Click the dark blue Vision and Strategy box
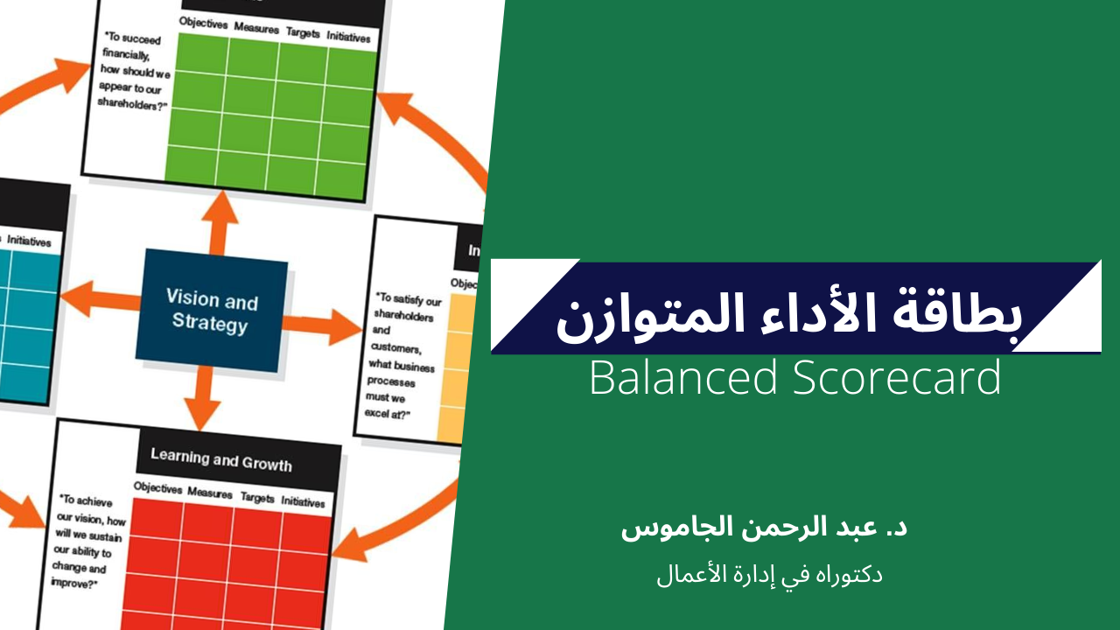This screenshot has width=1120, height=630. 212,311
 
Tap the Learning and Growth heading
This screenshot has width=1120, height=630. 220,458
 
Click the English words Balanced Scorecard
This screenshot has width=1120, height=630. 794,378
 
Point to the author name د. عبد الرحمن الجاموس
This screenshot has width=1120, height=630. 764,529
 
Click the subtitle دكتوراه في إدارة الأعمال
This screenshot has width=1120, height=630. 769,575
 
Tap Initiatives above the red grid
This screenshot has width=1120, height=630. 303,502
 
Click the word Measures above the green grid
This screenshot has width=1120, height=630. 256,27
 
